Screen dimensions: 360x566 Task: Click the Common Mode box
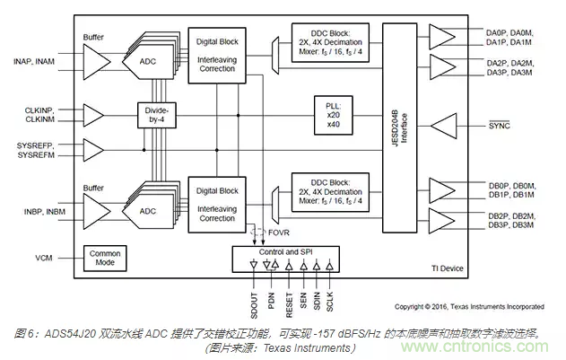104,259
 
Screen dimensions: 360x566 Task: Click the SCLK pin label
330,301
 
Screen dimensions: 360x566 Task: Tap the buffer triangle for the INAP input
94,61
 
